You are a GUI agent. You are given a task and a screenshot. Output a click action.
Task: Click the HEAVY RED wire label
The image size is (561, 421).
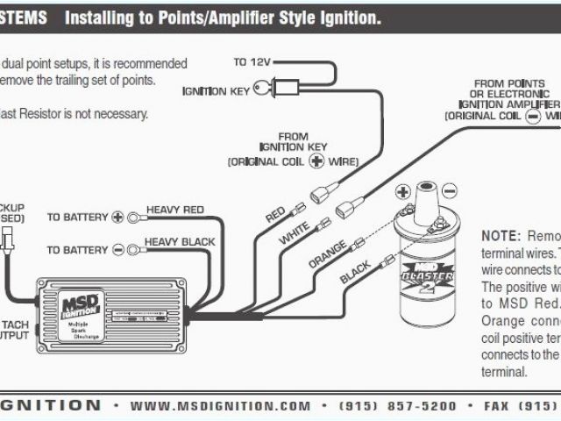[174, 210]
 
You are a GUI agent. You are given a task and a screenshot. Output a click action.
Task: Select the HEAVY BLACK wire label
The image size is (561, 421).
[180, 241]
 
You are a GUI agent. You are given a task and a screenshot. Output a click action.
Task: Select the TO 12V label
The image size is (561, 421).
[252, 62]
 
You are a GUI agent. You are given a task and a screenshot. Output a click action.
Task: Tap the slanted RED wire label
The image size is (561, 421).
[275, 214]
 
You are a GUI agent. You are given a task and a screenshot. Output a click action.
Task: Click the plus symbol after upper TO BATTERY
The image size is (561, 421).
[118, 216]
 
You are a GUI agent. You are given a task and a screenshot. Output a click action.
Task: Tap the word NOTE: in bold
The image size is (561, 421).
[501, 236]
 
